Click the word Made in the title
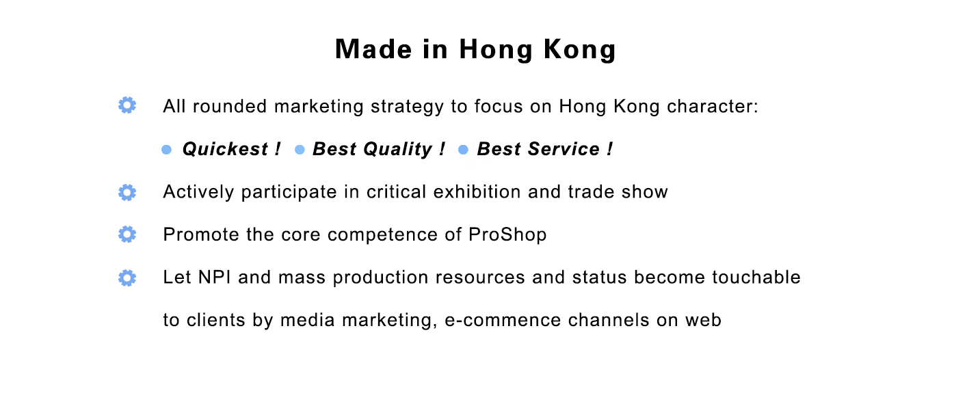coord(373,49)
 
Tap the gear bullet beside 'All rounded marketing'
coord(127,105)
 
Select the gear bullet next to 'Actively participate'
coord(127,193)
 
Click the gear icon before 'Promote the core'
coord(127,234)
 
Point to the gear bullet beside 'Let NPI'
coord(127,278)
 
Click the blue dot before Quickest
coord(166,150)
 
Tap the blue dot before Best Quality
coord(300,150)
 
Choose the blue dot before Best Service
coord(463,150)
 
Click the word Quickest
coord(225,149)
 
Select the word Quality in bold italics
coord(398,150)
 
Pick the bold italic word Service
coord(564,149)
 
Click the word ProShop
coord(507,235)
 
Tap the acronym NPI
coord(214,278)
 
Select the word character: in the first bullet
coord(712,107)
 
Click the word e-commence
coord(503,320)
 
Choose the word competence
coord(382,235)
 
